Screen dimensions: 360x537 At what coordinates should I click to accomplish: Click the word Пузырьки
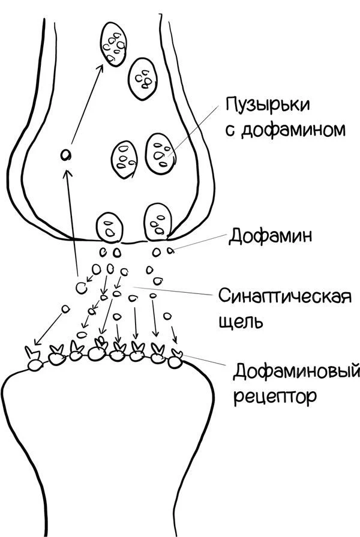268,105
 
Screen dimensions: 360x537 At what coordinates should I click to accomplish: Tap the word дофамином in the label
293,130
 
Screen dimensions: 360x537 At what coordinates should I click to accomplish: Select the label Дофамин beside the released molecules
270,236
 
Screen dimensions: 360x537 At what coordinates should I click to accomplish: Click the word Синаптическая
286,296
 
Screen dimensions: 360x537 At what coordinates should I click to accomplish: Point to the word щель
241,322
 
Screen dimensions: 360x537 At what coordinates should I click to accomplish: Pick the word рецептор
275,397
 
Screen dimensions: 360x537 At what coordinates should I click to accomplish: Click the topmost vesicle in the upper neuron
114,44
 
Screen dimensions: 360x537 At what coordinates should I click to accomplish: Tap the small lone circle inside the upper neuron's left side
65,155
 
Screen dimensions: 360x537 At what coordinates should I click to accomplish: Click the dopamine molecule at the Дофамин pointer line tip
170,251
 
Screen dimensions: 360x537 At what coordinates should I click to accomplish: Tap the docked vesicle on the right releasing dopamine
158,222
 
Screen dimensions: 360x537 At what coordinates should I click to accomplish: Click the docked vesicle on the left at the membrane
110,227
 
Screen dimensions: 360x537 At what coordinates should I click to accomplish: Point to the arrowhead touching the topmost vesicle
100,68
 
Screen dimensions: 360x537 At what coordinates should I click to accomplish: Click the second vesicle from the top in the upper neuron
143,79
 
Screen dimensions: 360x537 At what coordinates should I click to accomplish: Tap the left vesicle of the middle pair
125,160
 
